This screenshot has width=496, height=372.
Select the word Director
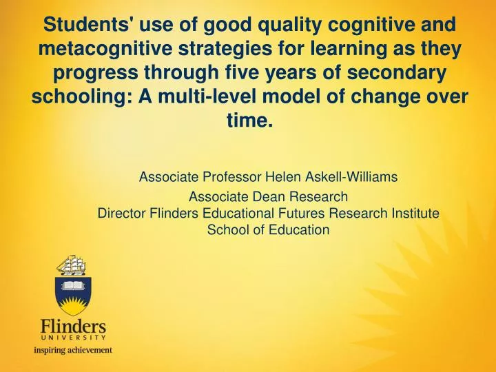pyautogui.click(x=118, y=214)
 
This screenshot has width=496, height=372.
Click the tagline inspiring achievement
pyautogui.click(x=73, y=350)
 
